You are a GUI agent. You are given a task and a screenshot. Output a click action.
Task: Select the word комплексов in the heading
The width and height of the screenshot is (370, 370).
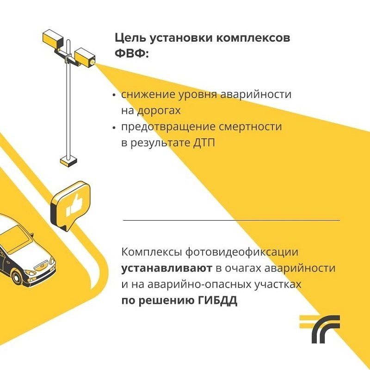click(x=253, y=38)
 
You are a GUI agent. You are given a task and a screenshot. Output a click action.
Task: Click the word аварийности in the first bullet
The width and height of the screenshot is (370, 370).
click(x=256, y=94)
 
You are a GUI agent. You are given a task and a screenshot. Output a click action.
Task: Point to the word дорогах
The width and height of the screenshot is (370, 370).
click(x=159, y=111)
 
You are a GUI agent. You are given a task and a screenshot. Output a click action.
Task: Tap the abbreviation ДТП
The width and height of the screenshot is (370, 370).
click(x=204, y=143)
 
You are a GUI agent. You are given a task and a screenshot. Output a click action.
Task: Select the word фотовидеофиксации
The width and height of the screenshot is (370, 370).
click(x=242, y=252)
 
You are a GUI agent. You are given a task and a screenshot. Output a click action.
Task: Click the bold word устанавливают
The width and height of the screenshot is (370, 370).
click(x=166, y=268)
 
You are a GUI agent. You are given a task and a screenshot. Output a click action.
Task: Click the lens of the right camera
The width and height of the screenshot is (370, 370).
click(x=91, y=62)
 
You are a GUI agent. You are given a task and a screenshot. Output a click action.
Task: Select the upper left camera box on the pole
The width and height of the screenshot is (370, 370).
click(x=53, y=38)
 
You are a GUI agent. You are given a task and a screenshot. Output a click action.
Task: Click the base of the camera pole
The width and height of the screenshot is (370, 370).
click(x=68, y=161)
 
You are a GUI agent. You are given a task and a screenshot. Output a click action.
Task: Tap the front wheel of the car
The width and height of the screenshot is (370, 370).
click(x=18, y=277)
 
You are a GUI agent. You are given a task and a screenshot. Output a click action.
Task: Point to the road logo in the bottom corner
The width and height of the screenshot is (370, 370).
click(x=320, y=329)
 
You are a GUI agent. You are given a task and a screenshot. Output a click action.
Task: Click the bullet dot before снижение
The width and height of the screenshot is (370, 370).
click(x=114, y=95)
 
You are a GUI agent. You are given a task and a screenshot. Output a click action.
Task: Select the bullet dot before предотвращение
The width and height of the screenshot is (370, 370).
click(x=114, y=128)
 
